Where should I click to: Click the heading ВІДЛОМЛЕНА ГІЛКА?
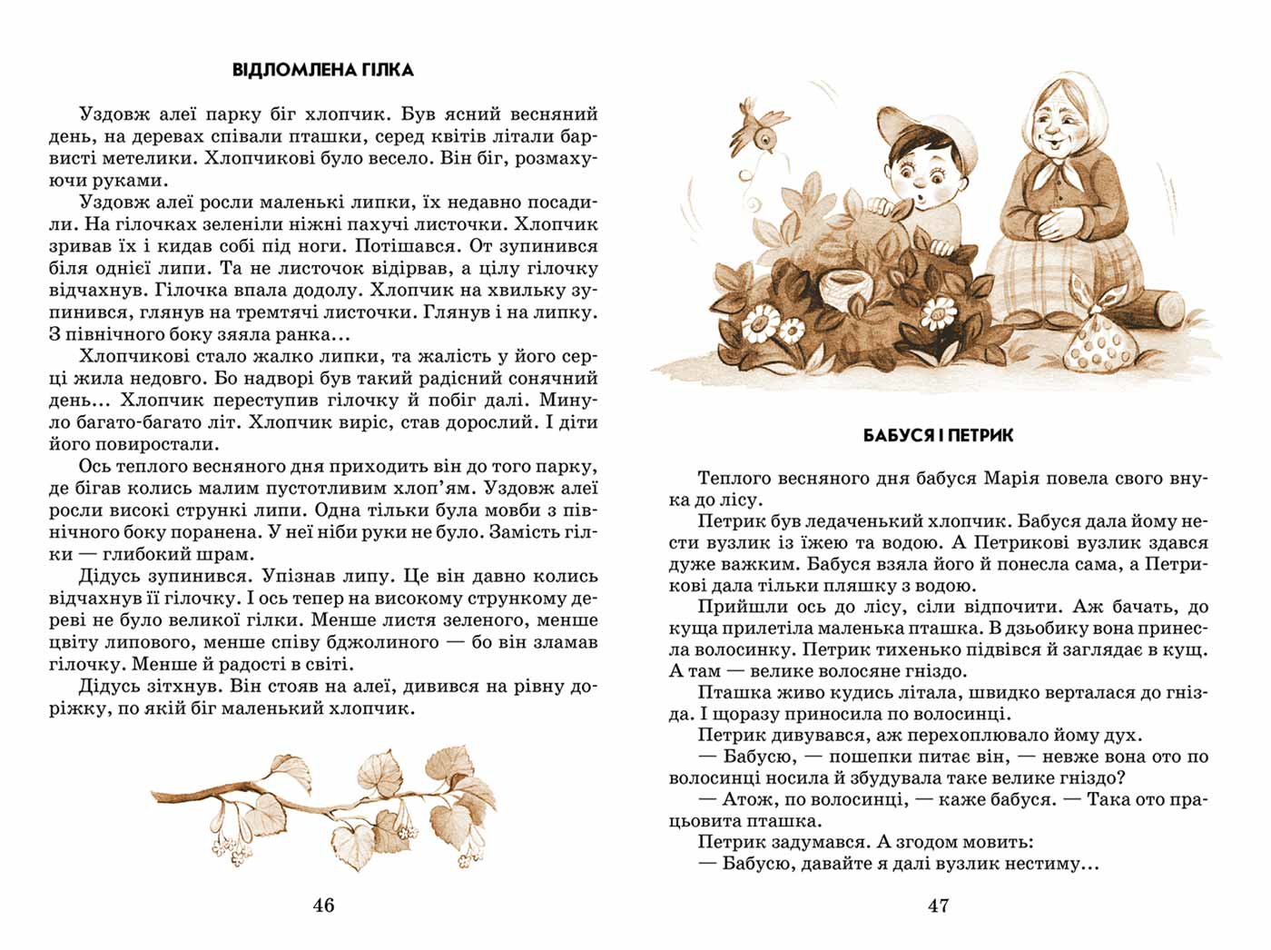point(323,70)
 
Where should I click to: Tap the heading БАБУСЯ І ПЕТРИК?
point(938,436)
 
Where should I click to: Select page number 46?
point(323,905)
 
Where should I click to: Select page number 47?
point(938,905)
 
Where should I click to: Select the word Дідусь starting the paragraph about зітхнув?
point(110,687)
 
